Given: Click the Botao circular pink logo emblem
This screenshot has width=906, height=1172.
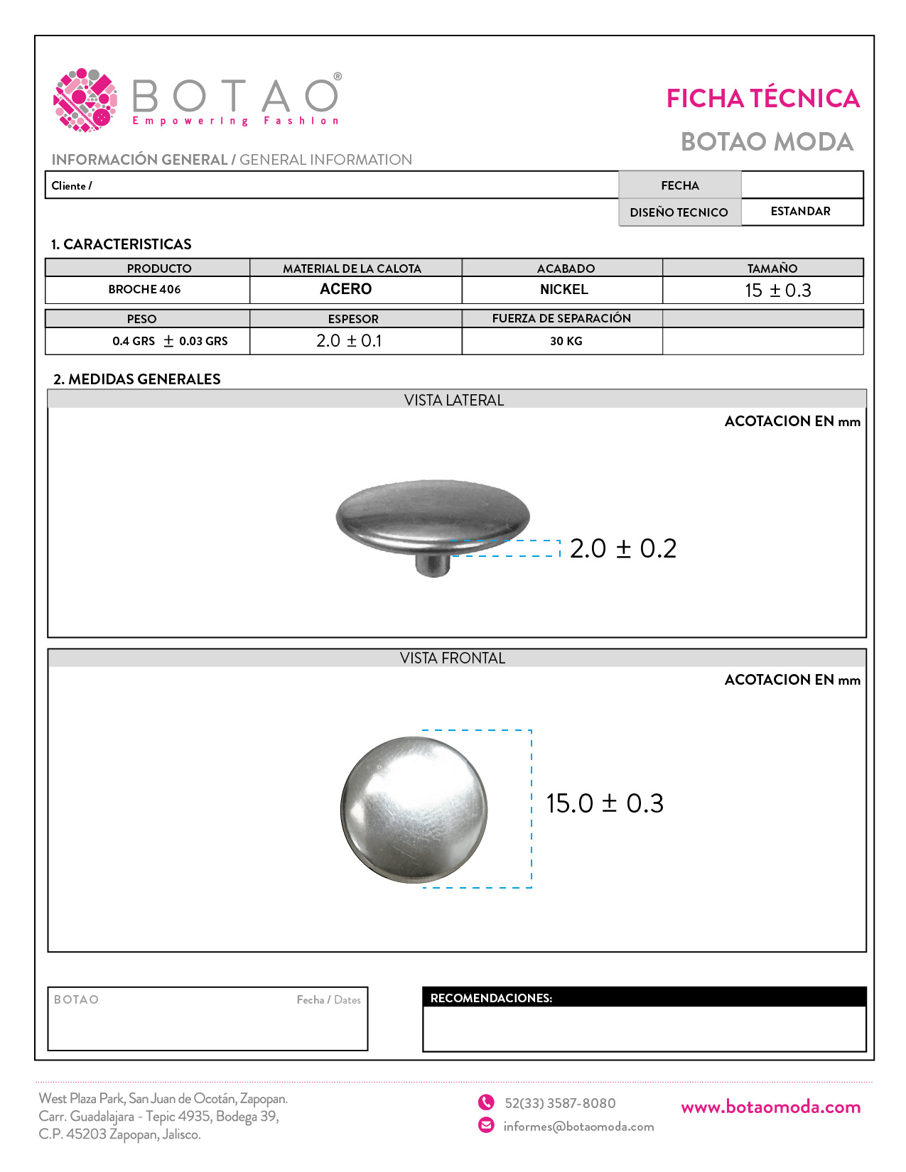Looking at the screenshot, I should (x=85, y=100).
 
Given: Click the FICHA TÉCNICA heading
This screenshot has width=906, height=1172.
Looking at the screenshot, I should (x=762, y=99).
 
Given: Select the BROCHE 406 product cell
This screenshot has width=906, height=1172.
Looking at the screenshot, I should (x=144, y=290).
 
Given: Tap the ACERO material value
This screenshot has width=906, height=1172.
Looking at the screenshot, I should (x=346, y=289).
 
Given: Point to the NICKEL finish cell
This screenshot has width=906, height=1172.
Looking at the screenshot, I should (x=564, y=290).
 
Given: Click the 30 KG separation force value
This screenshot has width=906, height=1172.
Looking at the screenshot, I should (x=566, y=341).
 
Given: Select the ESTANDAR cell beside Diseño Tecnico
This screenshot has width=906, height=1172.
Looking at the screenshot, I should (x=800, y=212).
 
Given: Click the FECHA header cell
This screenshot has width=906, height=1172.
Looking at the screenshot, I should (x=680, y=185).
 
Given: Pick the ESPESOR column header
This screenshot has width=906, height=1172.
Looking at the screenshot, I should (x=353, y=319).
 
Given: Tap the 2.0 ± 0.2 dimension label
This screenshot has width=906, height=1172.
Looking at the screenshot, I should (x=622, y=548).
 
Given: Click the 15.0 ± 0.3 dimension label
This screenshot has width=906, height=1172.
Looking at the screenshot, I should (x=605, y=803).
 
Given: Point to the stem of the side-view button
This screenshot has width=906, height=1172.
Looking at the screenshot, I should (x=432, y=565).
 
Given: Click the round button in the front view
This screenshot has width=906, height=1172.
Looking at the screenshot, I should (x=414, y=810).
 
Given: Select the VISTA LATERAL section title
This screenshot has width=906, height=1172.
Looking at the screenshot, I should (x=454, y=400).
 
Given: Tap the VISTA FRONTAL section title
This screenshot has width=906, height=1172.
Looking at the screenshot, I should (x=453, y=658).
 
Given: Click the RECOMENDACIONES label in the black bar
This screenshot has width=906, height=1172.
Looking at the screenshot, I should (x=491, y=998).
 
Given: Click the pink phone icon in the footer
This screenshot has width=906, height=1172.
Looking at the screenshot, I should (x=486, y=1102).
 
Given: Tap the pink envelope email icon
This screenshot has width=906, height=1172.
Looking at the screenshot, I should (x=486, y=1125).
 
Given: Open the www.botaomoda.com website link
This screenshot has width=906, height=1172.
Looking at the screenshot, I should (x=770, y=1107).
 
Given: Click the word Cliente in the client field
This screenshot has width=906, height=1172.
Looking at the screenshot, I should (x=69, y=186).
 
